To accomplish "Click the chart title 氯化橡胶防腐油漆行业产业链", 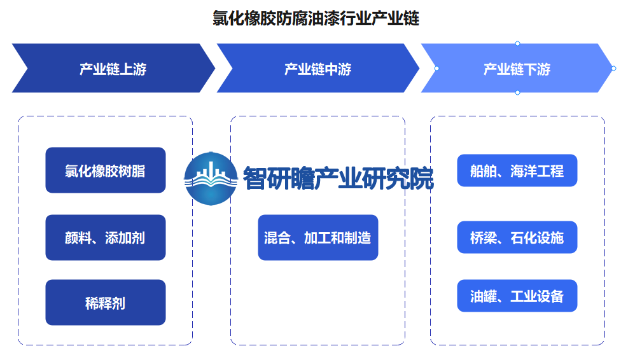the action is pos(316,18).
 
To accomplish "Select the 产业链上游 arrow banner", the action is pos(113,68).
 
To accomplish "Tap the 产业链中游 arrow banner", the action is pos(318,68).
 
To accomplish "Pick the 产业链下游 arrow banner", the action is pos(517,68).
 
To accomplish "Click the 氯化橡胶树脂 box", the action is pos(106,170).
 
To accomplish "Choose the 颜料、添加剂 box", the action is pos(106,237).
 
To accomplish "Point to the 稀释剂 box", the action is pos(106,302).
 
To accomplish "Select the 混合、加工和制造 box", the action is pos(318,237).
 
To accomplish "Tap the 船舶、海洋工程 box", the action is pos(517,170).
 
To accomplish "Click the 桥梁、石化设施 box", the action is pos(517,237).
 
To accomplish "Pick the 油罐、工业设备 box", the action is pos(517,296).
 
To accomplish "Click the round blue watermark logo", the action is pos(211,179).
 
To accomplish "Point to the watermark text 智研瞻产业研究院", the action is pos(338,178).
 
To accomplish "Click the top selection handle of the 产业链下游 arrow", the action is pos(517,43).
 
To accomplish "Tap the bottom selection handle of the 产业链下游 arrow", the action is pos(517,92).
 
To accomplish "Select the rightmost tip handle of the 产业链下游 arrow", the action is pos(613,69).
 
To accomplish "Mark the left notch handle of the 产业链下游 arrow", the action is pos(436,69).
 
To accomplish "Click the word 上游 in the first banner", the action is pos(133,69).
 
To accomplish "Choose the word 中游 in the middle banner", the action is pos(338,69).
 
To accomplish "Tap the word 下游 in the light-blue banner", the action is pos(537,69).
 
